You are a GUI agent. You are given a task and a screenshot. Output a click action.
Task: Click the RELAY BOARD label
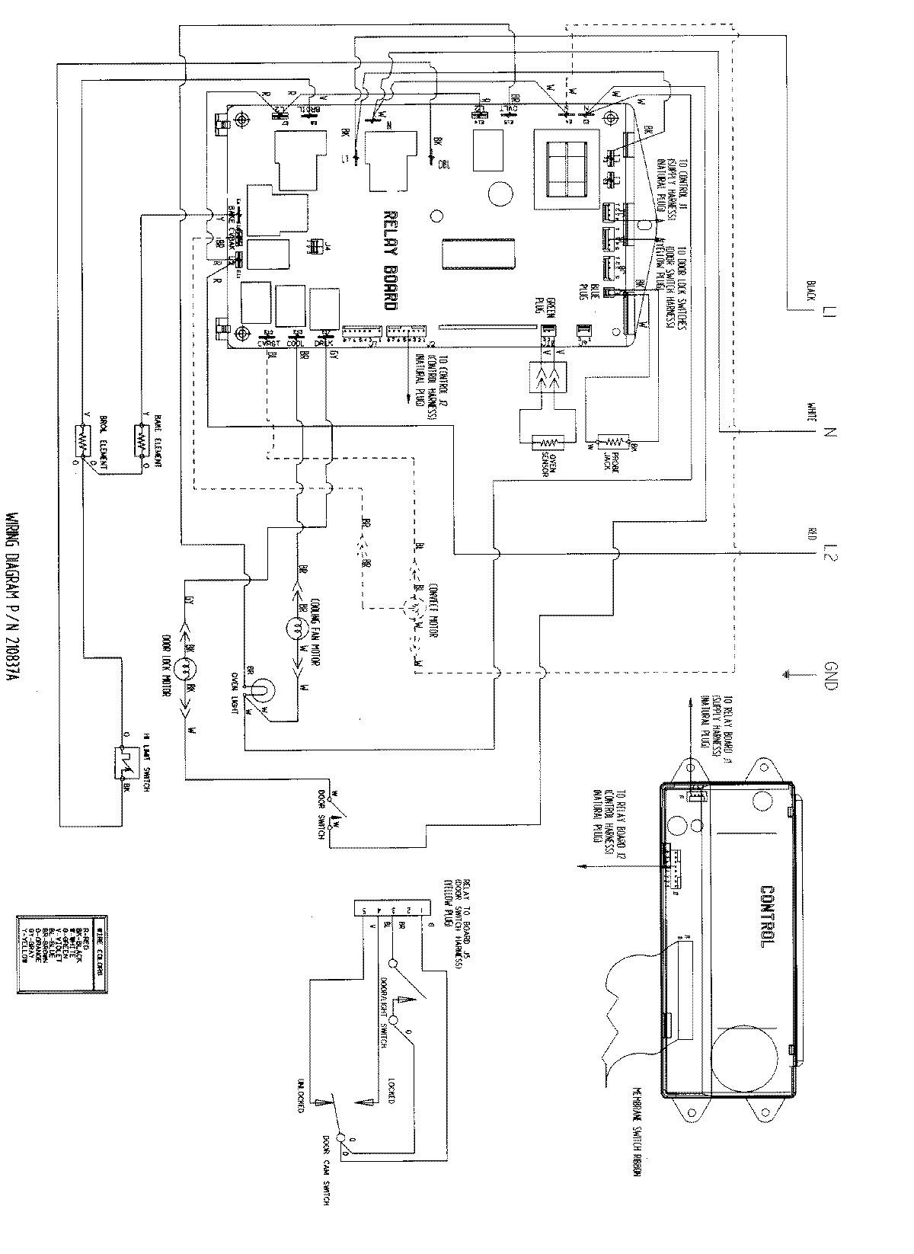click(389, 258)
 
